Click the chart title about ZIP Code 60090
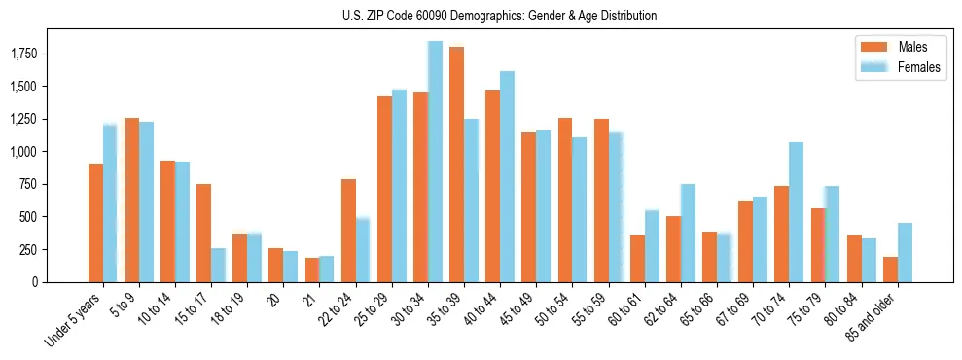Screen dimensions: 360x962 pyautogui.click(x=499, y=16)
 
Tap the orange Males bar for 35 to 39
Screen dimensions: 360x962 pyautogui.click(x=456, y=164)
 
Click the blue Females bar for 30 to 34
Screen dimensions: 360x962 pyautogui.click(x=435, y=162)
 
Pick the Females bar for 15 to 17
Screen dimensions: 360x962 pyautogui.click(x=218, y=265)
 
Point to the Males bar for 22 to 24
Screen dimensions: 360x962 pyautogui.click(x=348, y=231)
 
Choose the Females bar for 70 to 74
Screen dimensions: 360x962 pyautogui.click(x=796, y=212)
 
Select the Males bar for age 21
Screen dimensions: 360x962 pyautogui.click(x=311, y=270)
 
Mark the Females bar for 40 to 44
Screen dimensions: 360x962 pyautogui.click(x=507, y=176)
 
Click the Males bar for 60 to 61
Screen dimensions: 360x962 pyautogui.click(x=637, y=259)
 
